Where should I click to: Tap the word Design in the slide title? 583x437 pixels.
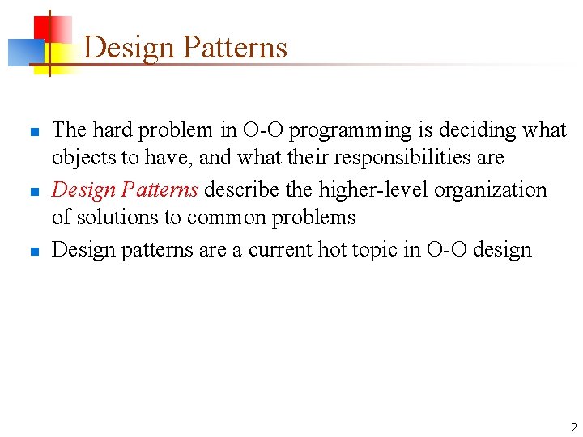[x=130, y=48]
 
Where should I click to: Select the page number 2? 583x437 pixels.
[x=573, y=426]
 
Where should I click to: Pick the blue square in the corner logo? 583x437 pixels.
[x=23, y=53]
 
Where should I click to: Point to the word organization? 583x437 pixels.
[x=491, y=190]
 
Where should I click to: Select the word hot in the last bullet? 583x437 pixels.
[x=332, y=250]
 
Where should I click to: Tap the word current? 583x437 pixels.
[x=280, y=250]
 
